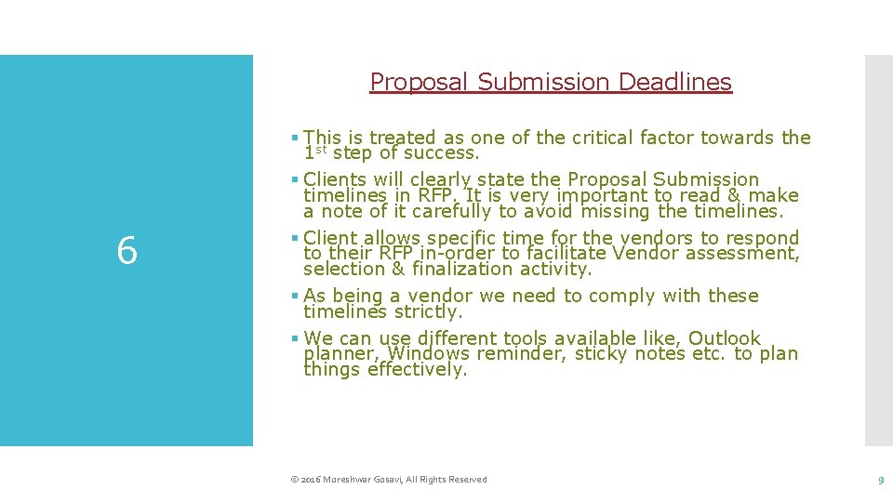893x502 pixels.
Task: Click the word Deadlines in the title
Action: point(675,82)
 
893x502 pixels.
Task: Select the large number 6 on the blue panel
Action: point(127,251)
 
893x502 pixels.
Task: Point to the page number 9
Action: point(879,480)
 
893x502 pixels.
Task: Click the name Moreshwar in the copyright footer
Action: point(346,480)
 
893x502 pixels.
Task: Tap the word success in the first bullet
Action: point(444,152)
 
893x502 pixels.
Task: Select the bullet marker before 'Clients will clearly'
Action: point(294,179)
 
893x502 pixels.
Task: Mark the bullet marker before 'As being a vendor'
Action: point(294,296)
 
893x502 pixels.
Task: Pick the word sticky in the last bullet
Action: point(603,354)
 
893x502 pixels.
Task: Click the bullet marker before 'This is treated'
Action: point(294,138)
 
